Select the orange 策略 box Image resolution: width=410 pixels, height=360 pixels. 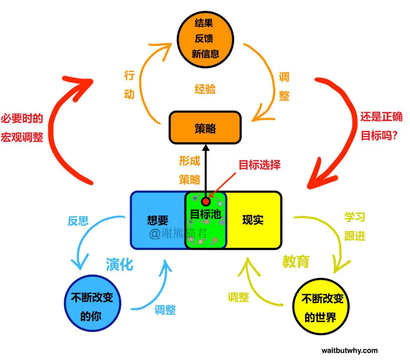tap(205, 128)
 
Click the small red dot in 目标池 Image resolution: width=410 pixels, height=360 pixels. tap(206, 201)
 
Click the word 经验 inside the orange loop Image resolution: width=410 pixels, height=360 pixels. tap(205, 89)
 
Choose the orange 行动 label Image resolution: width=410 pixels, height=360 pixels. tap(129, 85)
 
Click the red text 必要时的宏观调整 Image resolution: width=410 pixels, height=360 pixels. tap(22, 128)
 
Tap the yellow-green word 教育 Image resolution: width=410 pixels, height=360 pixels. tap(296, 261)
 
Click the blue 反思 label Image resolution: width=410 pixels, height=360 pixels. tap(78, 221)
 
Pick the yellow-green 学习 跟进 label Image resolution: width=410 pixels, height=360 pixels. tap(355, 226)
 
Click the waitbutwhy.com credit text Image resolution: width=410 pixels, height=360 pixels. tap(350, 350)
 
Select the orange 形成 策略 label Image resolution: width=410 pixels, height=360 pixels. tap(189, 170)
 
